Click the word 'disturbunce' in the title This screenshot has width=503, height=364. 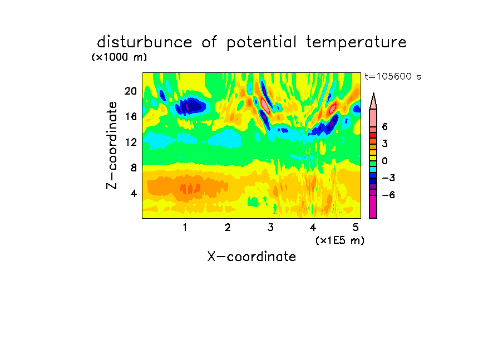pos(144,42)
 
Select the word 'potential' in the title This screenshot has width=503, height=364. pos(262,43)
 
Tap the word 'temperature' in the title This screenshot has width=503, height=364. pos(356,43)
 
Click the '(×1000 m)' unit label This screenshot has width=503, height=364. pos(119,57)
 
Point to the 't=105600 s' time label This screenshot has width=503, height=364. pos(393,76)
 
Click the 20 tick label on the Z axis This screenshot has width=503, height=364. pos(131,91)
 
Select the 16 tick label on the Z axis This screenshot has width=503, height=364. pos(131,116)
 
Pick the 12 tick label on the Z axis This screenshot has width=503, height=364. pos(131,142)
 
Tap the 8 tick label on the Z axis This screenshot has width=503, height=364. pos(134,168)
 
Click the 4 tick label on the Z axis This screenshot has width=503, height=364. pos(134,193)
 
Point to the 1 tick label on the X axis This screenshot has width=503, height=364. pos(185,227)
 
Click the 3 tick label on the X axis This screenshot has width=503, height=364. pos(270,227)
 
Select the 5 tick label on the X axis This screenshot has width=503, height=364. pos(356,227)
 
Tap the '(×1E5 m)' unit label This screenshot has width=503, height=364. pos(340,240)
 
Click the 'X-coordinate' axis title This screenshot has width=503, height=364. pos(251,257)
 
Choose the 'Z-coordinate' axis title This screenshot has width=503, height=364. pos(112,145)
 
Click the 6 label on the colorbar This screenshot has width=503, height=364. pos(384,127)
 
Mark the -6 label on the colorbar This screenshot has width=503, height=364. pos(388,195)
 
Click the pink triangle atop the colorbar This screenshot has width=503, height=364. pos(373,101)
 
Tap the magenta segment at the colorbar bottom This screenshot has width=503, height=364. pos(373,206)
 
